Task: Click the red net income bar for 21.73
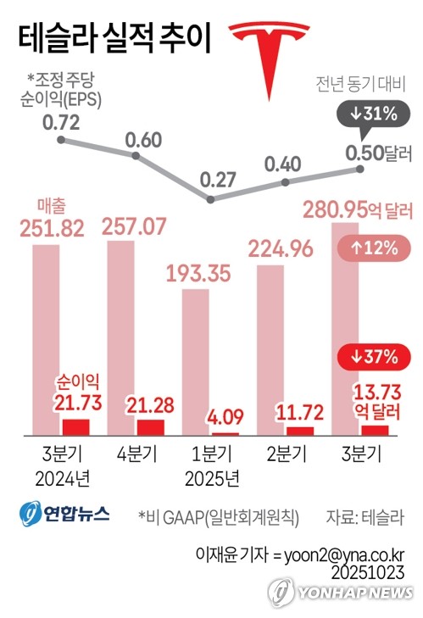[75, 426]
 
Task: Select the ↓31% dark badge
[367, 114]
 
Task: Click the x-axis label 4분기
[136, 454]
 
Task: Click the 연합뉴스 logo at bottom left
[65, 515]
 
